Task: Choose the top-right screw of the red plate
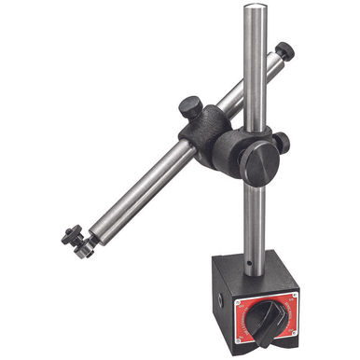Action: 298,294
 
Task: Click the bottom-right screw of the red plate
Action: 298,350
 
